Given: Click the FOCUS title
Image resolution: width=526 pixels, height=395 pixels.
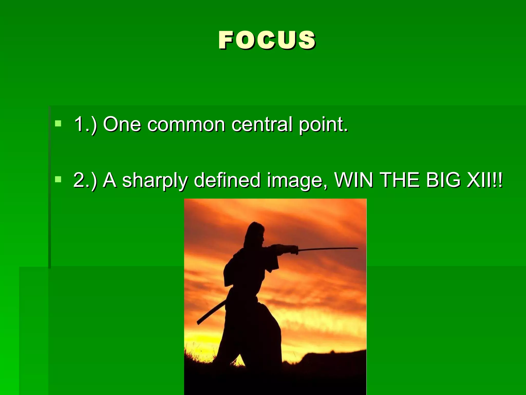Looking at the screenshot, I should coord(267,40).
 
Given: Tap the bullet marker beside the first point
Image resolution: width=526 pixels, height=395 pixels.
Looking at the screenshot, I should coord(58,123).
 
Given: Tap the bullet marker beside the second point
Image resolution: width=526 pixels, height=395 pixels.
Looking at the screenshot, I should coord(58,179).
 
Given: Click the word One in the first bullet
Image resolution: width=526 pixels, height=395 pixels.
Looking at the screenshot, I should coord(122,124).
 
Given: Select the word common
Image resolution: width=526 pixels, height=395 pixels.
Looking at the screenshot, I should coord(186,125).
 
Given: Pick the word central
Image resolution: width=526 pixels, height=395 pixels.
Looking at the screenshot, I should coord(262,124).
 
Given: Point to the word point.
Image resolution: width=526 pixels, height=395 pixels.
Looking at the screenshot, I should coord(323,125).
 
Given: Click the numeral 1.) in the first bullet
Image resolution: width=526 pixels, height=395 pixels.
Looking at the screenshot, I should coord(85,125).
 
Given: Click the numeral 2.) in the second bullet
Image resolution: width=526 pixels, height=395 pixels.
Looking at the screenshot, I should coord(85,180).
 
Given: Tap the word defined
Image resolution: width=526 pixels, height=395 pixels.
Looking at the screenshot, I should coord(227,180).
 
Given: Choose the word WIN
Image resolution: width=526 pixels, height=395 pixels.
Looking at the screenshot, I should coord(353,180).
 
